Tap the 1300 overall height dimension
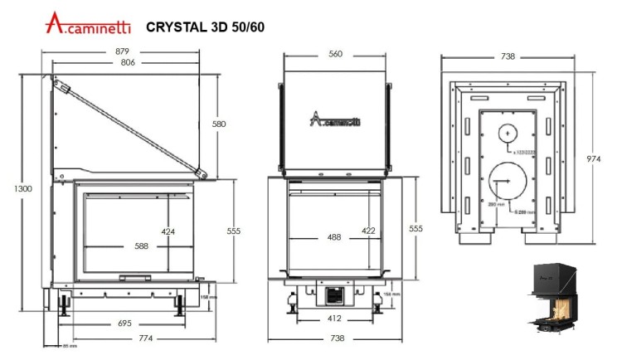click(23, 189)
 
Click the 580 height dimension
click(219, 124)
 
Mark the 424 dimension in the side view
click(169, 231)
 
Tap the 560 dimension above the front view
click(335, 54)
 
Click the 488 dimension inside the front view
click(333, 237)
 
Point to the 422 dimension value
click(369, 231)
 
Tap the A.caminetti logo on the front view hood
click(334, 121)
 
